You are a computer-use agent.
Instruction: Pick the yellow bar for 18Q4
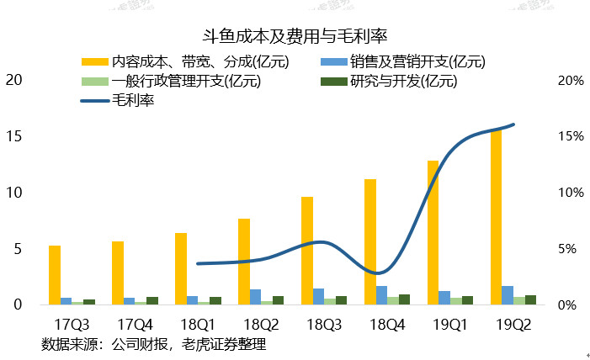pyautogui.click(x=369, y=241)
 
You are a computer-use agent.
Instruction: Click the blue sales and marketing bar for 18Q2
pyautogui.click(x=256, y=296)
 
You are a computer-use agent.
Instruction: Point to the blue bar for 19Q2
pyautogui.click(x=508, y=294)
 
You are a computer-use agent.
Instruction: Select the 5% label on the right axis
pyautogui.click(x=571, y=249)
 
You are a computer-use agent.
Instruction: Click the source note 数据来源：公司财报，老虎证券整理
pyautogui.click(x=153, y=343)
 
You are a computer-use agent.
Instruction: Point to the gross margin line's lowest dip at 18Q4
pyautogui.click(x=380, y=273)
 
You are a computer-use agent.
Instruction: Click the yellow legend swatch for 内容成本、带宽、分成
pyautogui.click(x=94, y=61)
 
